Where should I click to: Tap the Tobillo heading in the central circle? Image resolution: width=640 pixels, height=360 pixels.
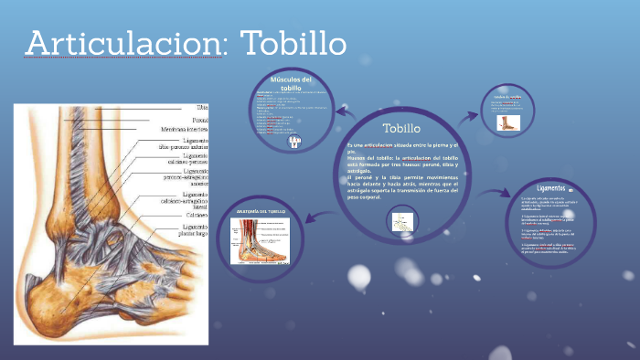pos(401,127)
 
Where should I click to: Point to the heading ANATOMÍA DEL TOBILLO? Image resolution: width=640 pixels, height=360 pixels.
pos(261,212)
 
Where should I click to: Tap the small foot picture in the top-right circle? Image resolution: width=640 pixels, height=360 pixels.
pos(508,122)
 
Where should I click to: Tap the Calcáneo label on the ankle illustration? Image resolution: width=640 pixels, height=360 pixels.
pos(195,215)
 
